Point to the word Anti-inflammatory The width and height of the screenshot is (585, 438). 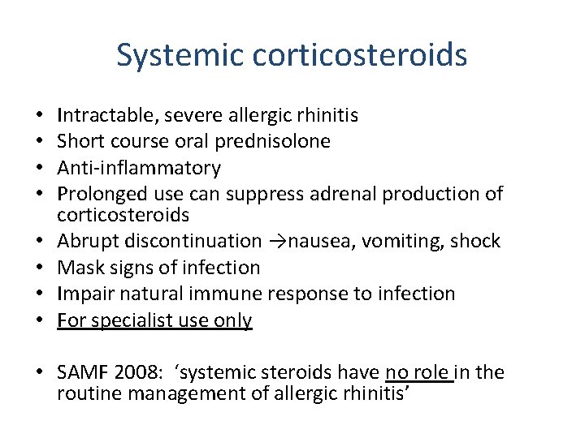coord(138,168)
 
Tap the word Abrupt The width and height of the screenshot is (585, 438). coord(85,241)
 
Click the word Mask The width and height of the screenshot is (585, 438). coord(78,267)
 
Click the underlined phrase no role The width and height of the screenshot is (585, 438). coord(418,372)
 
